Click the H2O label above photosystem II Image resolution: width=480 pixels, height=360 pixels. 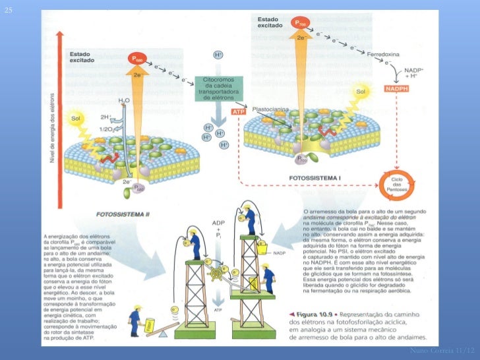(124, 101)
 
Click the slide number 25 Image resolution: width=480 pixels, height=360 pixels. (8, 13)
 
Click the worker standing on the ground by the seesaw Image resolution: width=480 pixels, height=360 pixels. (135, 318)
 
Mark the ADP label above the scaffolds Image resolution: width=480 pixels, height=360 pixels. (218, 224)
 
